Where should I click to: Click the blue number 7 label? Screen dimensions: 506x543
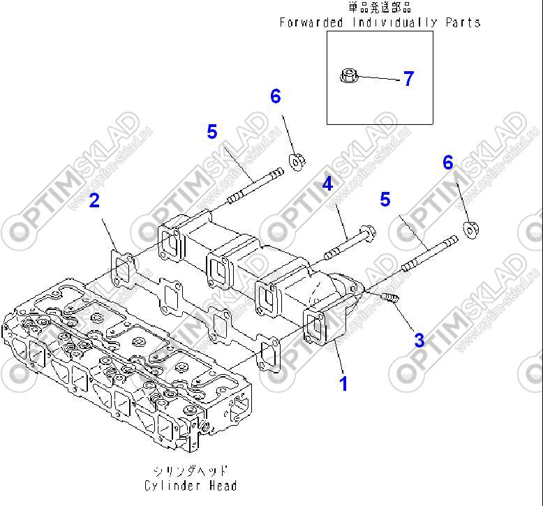(x=408, y=79)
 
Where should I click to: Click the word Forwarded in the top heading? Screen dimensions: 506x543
(x=311, y=22)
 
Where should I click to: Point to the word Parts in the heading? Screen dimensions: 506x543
(x=462, y=22)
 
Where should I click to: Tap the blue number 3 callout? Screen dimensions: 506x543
(x=419, y=340)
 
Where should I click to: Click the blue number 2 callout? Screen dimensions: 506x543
(x=94, y=201)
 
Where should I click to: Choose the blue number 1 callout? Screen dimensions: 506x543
(x=343, y=383)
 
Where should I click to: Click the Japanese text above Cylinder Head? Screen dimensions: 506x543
(x=190, y=470)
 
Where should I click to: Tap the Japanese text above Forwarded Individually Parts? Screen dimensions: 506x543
(x=380, y=8)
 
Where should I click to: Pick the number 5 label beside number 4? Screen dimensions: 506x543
(x=385, y=200)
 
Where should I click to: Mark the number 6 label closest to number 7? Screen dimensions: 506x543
(x=276, y=96)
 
